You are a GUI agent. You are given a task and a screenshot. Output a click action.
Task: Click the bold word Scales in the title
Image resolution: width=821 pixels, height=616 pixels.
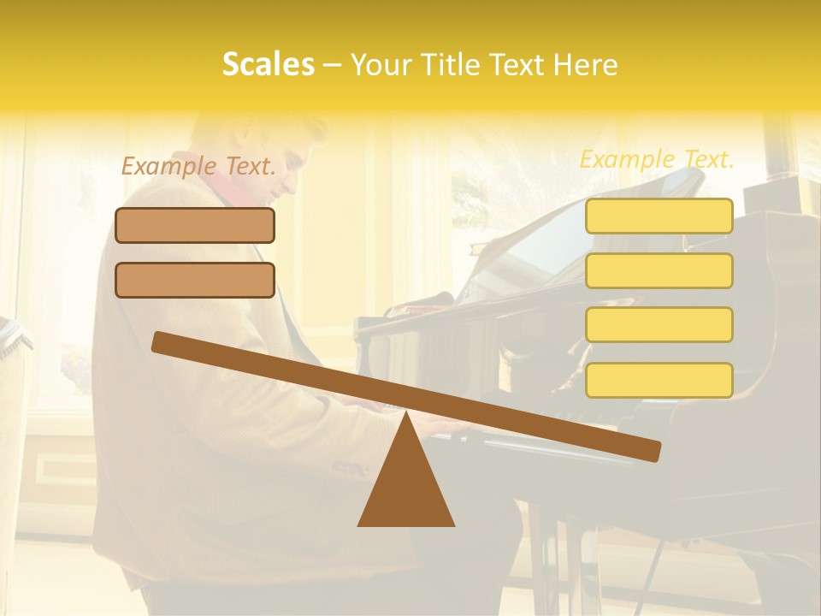tap(268, 64)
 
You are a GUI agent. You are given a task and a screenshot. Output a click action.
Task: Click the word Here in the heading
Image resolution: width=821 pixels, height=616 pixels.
tap(586, 65)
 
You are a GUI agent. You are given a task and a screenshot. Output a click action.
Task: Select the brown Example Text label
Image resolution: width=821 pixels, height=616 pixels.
tap(198, 167)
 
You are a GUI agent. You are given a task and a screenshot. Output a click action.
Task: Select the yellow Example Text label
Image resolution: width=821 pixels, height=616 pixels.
tap(657, 159)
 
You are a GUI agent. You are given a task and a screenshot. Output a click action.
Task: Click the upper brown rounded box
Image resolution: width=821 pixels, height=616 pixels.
tap(195, 225)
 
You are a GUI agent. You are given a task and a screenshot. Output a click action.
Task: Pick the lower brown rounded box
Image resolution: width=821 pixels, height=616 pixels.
tap(195, 280)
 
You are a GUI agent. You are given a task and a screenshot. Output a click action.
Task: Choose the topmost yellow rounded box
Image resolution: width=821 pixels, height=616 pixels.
tap(659, 216)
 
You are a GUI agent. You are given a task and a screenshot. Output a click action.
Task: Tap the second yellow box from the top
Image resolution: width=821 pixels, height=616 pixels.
tap(659, 270)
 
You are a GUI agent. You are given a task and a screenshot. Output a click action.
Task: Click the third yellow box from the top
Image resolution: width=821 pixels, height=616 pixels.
tap(659, 324)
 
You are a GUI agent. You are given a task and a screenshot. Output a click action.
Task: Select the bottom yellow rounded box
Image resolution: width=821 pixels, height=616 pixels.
tap(659, 380)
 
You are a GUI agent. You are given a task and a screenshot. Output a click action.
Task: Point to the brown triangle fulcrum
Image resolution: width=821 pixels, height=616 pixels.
tap(406, 488)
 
